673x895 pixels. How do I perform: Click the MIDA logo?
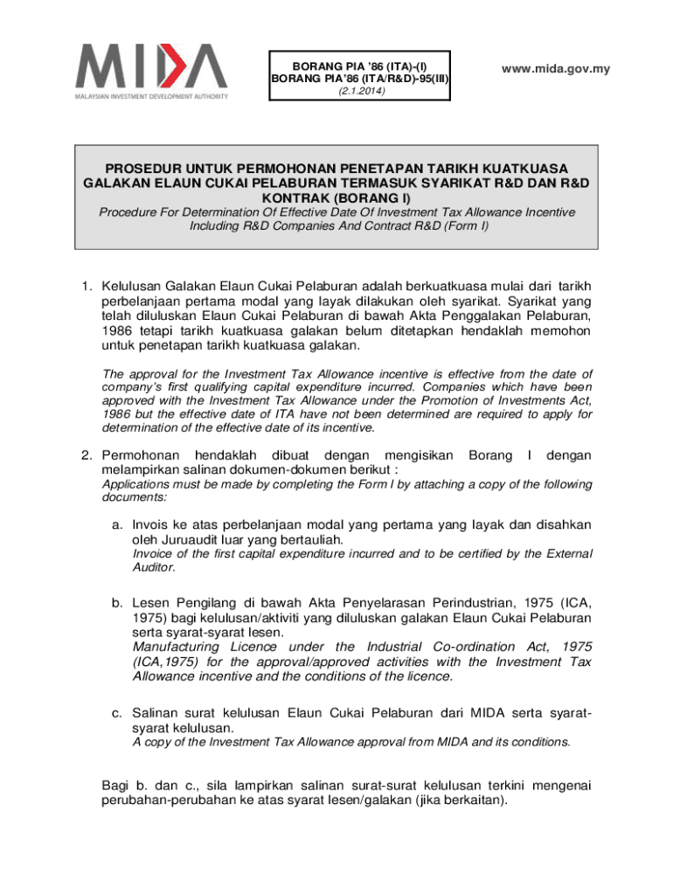tap(150, 69)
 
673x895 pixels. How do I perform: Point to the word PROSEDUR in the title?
tap(149, 167)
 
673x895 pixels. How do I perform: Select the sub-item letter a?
tap(115, 524)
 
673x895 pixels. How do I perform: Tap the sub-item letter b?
tap(115, 603)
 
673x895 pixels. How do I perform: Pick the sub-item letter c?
tap(115, 712)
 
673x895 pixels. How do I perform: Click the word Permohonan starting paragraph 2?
tap(141, 455)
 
